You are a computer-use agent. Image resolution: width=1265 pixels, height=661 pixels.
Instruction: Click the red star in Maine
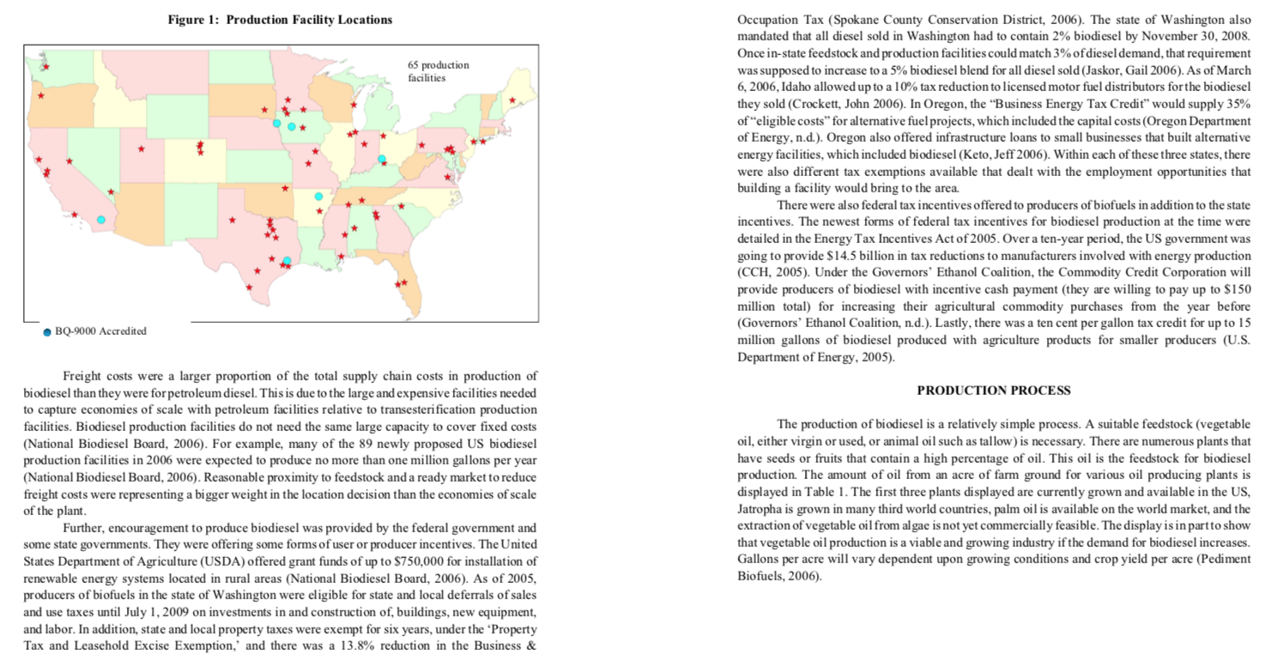[x=512, y=101]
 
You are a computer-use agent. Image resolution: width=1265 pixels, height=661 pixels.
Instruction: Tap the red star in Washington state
[x=46, y=67]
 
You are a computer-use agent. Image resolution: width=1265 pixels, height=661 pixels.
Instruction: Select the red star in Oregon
[x=40, y=95]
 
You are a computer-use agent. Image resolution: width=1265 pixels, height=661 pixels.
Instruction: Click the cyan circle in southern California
[x=101, y=220]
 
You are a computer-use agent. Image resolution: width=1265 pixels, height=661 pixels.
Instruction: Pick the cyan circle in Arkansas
[x=318, y=197]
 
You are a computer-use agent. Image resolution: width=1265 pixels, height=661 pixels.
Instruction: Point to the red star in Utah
[x=141, y=149]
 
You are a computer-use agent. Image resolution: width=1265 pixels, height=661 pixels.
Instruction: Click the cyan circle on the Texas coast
[x=287, y=260]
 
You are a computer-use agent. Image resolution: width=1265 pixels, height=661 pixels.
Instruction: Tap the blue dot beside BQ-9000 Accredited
[x=46, y=332]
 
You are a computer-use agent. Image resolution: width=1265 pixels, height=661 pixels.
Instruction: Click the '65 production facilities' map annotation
[x=438, y=71]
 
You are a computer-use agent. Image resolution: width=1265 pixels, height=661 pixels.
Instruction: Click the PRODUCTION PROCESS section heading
[x=994, y=391]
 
